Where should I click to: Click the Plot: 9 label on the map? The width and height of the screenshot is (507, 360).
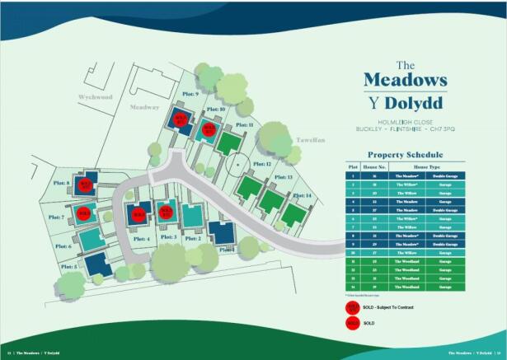(191, 95)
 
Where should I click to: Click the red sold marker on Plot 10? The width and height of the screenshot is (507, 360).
(209, 129)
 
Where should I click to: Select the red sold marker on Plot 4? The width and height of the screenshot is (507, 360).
(138, 215)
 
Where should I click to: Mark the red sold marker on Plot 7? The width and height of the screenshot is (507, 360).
(82, 214)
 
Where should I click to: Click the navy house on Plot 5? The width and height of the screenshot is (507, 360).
(97, 264)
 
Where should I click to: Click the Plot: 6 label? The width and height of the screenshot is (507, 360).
(63, 246)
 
